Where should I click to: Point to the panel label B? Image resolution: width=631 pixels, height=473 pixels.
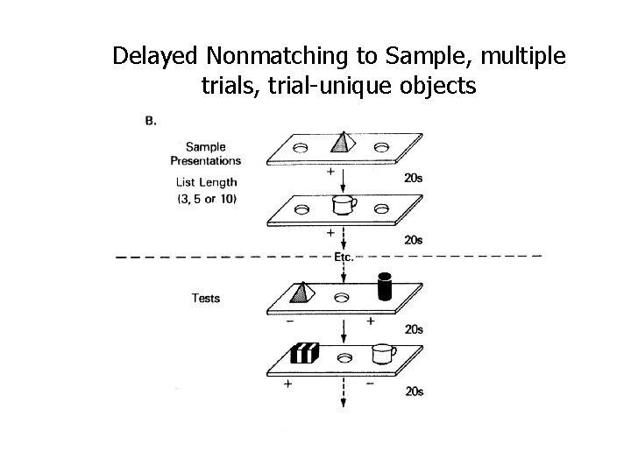tap(151, 121)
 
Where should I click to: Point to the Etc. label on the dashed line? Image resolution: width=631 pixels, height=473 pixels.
tap(344, 257)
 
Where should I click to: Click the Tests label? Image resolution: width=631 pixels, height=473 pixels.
tap(206, 298)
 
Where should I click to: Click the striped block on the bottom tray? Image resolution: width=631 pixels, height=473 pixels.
tap(304, 354)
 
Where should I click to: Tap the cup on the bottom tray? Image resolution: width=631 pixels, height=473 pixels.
tap(382, 354)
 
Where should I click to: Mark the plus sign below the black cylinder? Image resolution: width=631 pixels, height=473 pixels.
tap(370, 321)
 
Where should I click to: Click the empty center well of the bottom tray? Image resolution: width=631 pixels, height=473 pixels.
tap(344, 357)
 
